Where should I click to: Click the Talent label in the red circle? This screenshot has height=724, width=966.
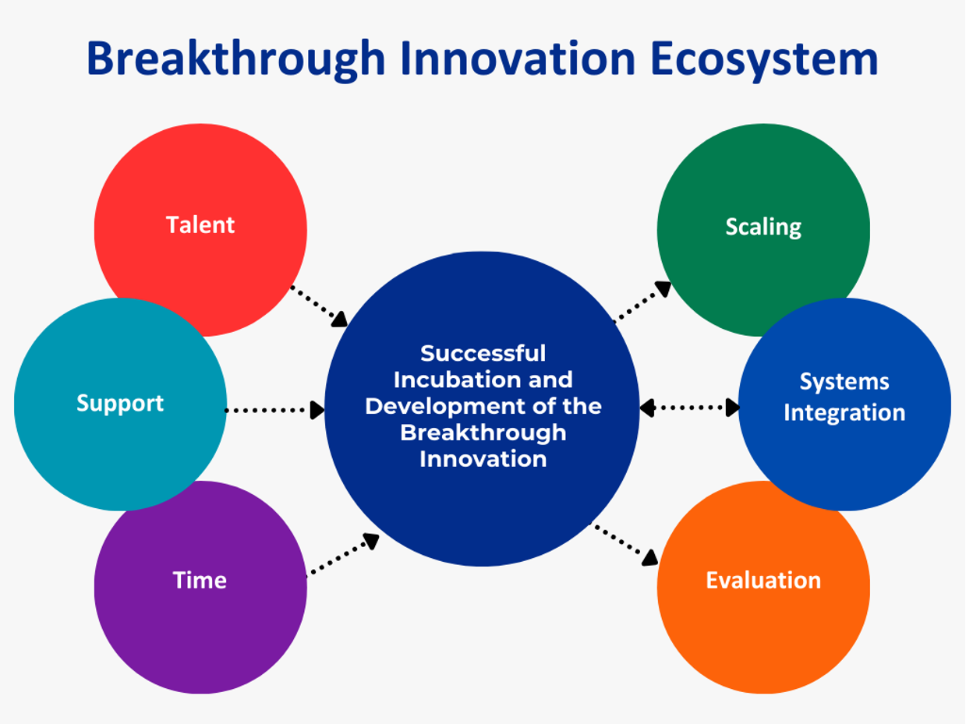(200, 225)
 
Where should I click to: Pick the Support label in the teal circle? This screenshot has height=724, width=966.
(120, 403)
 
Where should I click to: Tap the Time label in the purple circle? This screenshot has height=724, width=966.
(200, 581)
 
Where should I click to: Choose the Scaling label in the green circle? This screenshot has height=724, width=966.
(763, 227)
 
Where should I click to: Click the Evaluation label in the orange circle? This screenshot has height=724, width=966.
(763, 581)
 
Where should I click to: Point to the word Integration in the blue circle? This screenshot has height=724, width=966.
(844, 412)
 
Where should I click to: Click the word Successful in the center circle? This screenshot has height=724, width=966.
(483, 353)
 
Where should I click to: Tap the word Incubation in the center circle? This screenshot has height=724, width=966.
(451, 380)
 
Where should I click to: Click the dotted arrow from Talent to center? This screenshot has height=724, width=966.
(318, 305)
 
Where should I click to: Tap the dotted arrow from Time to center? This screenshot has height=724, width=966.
(343, 555)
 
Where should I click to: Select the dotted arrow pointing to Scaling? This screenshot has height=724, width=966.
(643, 302)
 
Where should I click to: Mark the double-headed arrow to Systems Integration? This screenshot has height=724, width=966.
(689, 407)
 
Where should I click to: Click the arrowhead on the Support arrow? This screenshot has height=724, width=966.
(317, 410)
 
